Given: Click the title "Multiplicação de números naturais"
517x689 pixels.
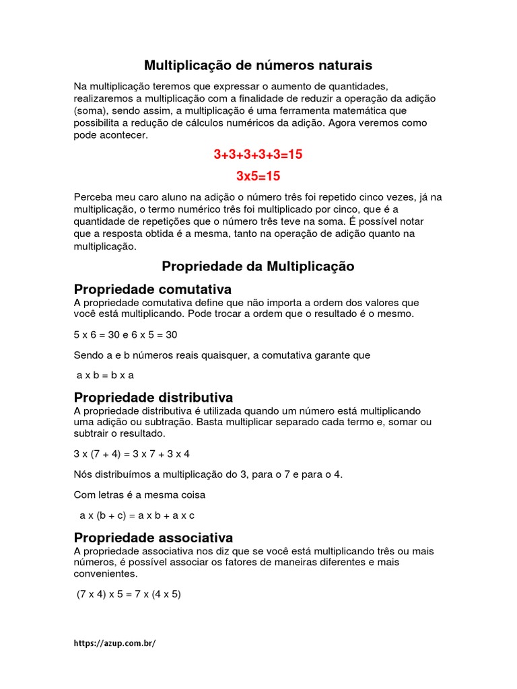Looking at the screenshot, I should click(258, 65).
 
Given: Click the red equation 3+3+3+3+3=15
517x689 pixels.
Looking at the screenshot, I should click(258, 155).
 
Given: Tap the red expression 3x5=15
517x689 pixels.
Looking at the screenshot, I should click(258, 176).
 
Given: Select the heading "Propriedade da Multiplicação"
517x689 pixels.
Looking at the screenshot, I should click(258, 266).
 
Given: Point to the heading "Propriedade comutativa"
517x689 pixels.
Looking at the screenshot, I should click(152, 289).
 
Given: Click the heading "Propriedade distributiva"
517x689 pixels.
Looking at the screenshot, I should click(153, 397).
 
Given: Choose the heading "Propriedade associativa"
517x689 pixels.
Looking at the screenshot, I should click(153, 538).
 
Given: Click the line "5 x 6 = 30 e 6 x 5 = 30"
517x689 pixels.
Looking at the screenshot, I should click(125, 334).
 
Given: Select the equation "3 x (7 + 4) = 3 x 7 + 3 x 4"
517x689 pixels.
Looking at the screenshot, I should click(132, 454).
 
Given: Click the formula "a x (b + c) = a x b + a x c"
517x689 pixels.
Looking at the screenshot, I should click(137, 515).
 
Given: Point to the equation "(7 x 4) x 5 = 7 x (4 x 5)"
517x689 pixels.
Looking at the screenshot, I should click(129, 595).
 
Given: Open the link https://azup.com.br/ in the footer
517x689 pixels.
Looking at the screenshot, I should click(114, 643).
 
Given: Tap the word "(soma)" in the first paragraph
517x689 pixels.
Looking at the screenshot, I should click(90, 110).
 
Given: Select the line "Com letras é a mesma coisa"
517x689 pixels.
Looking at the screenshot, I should click(139, 495).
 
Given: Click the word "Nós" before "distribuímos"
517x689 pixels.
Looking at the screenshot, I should click(82, 474).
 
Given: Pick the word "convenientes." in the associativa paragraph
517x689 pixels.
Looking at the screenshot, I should click(106, 574).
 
